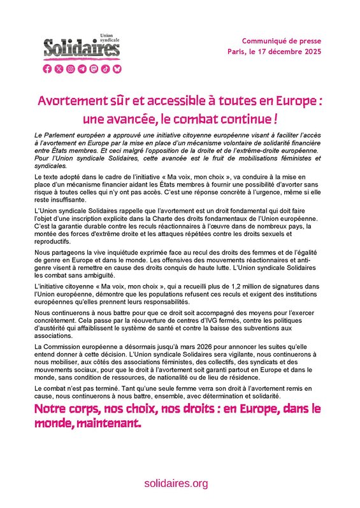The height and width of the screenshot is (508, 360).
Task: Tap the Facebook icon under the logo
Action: (x=47, y=69)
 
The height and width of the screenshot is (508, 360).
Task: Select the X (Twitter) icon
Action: (x=59, y=69)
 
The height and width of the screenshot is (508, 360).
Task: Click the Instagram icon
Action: (x=70, y=69)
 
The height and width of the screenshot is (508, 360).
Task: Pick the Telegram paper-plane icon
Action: (x=82, y=69)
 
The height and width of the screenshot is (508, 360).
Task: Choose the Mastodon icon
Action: (x=93, y=69)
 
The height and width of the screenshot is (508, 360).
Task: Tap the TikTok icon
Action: (x=104, y=69)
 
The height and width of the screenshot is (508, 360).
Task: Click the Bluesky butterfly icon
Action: (x=116, y=69)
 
